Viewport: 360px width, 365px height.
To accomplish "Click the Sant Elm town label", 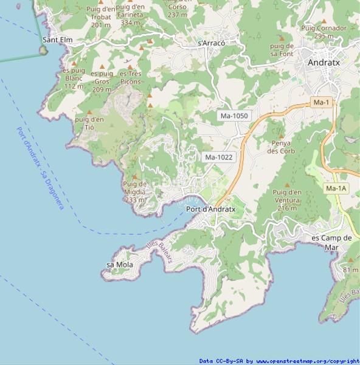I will [x=57, y=40].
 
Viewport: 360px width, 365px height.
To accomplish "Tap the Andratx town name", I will [x=324, y=62].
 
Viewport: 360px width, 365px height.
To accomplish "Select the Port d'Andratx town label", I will [x=210, y=209].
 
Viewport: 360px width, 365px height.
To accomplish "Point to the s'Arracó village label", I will [x=212, y=43].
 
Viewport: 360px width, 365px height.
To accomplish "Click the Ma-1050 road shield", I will [x=234, y=115].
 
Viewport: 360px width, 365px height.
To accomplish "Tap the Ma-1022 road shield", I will [x=219, y=157].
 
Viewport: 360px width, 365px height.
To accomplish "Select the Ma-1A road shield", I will [x=336, y=189].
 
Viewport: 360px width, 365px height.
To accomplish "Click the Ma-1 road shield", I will [x=320, y=103].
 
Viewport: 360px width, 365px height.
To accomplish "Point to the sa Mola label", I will [x=120, y=265].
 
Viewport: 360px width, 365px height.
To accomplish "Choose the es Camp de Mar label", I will [x=331, y=242].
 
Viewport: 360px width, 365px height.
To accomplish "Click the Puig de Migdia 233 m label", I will [x=134, y=192].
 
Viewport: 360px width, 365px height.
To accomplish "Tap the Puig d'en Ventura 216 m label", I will [x=287, y=200].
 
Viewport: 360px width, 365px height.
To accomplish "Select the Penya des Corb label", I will [x=280, y=147].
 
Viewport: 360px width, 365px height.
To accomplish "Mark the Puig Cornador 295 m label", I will [x=324, y=32].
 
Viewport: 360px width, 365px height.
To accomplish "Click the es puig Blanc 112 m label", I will [x=74, y=78].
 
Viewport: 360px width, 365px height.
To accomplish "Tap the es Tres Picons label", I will [x=131, y=77].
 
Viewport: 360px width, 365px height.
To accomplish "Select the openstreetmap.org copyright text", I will [x=279, y=361].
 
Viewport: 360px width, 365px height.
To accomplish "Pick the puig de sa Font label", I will [x=282, y=50].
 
